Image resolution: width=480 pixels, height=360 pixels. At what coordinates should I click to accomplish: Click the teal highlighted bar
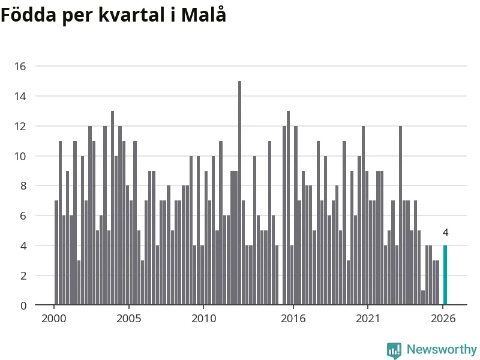pos(445,275)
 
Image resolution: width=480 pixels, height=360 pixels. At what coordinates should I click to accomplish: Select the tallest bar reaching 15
pos(239,193)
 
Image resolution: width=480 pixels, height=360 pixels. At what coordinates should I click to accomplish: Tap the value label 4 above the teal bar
pos(445,233)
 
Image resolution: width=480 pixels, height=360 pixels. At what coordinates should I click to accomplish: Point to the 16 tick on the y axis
pos(20,67)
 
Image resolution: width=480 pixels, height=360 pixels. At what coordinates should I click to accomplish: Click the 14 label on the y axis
pos(20,97)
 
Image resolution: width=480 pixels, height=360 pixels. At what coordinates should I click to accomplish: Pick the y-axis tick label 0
pos(23,305)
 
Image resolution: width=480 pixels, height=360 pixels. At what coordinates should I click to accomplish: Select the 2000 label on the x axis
pos(54,319)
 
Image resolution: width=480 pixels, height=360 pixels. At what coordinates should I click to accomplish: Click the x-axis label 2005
pos(129,319)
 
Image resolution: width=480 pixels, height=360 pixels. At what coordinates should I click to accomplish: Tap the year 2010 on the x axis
pos(203,319)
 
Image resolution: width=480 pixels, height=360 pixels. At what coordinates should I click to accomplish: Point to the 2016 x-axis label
pos(293,319)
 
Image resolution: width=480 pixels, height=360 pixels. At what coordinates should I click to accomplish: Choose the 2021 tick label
pos(368,319)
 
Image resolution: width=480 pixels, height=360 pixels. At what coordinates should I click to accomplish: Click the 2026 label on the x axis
pos(443,319)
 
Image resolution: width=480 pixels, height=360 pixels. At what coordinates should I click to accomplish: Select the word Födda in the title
pos(28,14)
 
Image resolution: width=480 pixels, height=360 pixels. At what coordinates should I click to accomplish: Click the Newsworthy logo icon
pos(394,350)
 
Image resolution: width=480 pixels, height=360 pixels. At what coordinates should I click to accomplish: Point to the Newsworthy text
pos(442,349)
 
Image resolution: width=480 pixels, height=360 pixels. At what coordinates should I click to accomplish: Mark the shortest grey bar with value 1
pos(423,298)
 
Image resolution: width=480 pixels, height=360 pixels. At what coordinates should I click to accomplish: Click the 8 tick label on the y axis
pos(23,186)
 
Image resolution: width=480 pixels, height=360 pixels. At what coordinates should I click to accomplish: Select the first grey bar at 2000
pos(56,253)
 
